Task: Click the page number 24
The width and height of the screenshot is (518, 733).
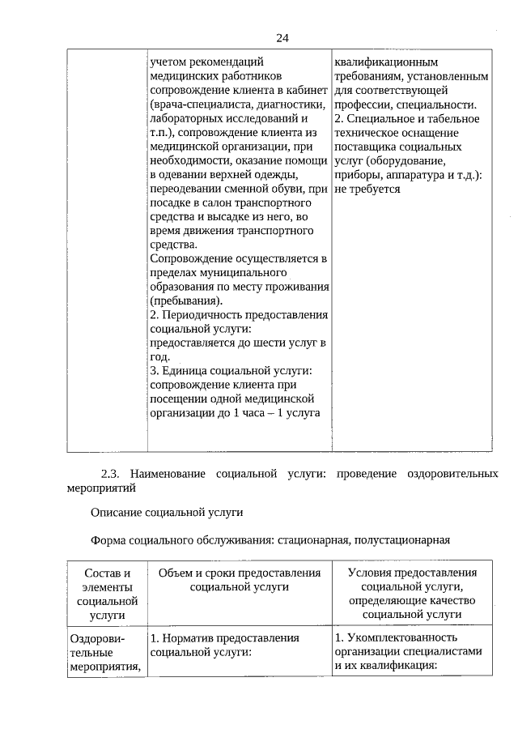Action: click(282, 38)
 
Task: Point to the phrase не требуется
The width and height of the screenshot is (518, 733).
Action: click(367, 188)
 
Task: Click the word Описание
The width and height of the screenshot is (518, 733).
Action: click(117, 513)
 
